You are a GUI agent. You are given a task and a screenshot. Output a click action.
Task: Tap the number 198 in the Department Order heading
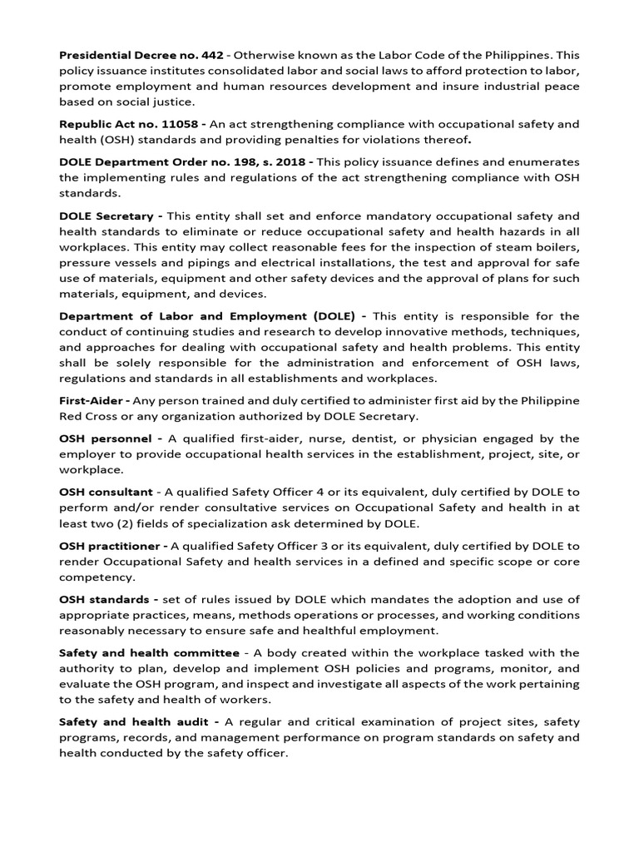pos(248,161)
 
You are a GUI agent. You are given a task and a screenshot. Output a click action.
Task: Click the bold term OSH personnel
pos(105,438)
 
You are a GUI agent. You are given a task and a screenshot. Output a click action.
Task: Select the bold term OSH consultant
pos(106,493)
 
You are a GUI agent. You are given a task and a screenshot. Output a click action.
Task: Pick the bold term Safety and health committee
pos(149,653)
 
